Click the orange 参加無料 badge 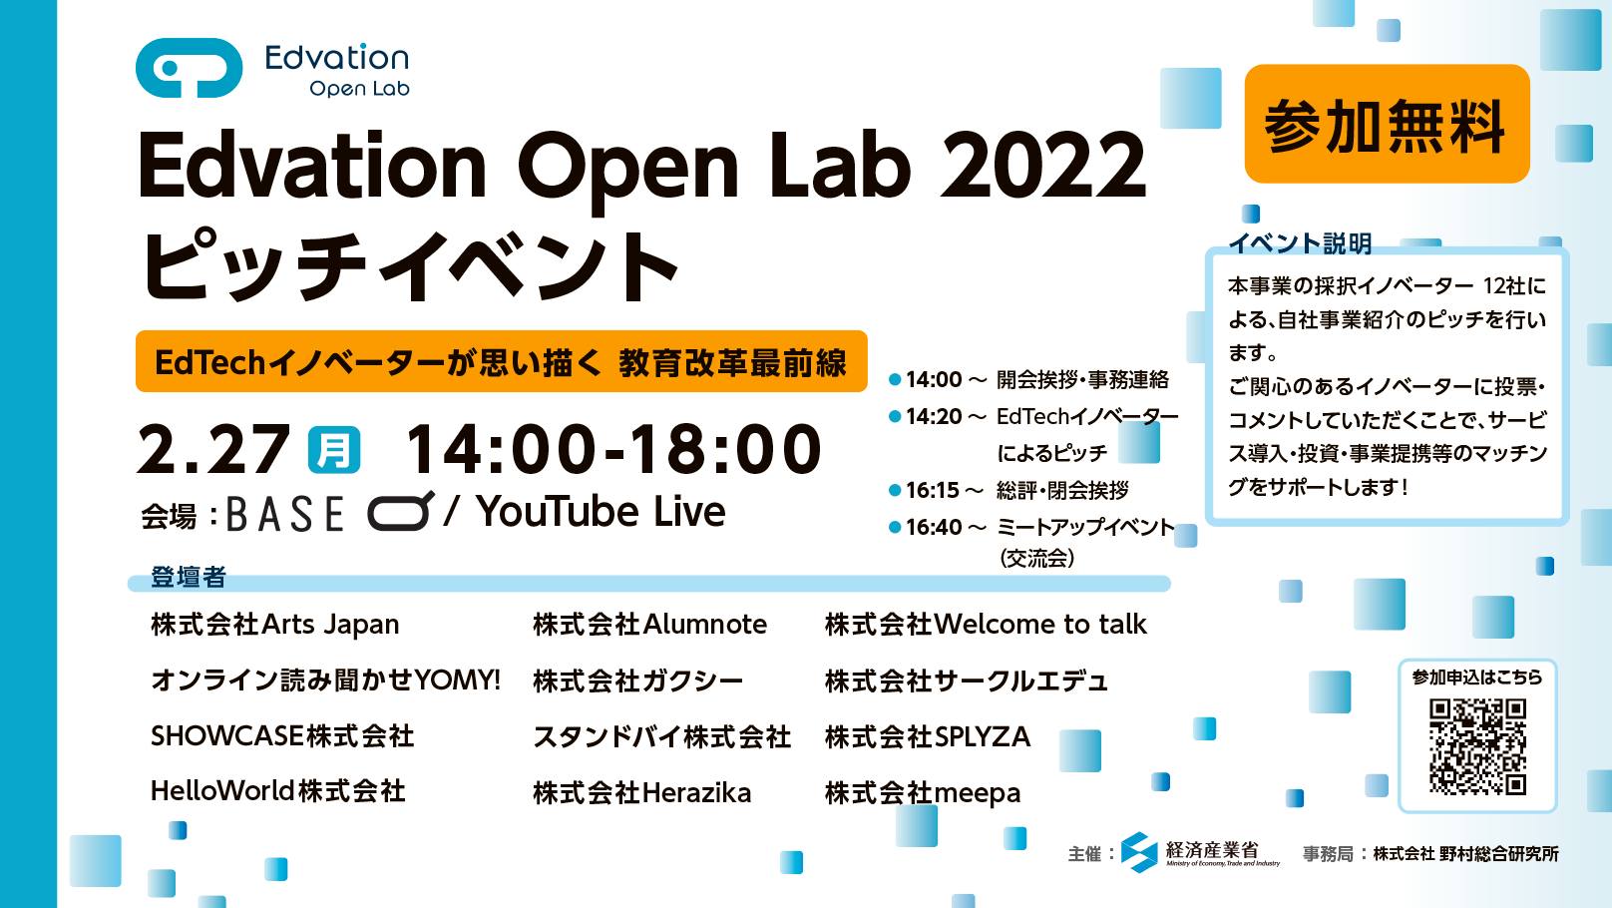click(1387, 123)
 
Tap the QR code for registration click(1477, 746)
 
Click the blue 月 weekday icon click(334, 450)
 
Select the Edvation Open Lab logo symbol click(190, 68)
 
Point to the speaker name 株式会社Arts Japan click(275, 625)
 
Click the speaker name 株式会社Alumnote click(649, 625)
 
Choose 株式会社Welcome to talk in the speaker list click(986, 625)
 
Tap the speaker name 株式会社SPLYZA click(928, 736)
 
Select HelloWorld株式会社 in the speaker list click(277, 791)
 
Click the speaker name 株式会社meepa click(923, 793)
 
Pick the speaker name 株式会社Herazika click(642, 793)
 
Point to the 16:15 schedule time click(932, 490)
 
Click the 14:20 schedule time click(934, 417)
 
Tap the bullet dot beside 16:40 click(895, 528)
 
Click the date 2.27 click(213, 449)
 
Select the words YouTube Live click(601, 511)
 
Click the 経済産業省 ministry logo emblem click(1139, 852)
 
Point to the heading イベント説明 click(1301, 243)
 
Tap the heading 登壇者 click(188, 577)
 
